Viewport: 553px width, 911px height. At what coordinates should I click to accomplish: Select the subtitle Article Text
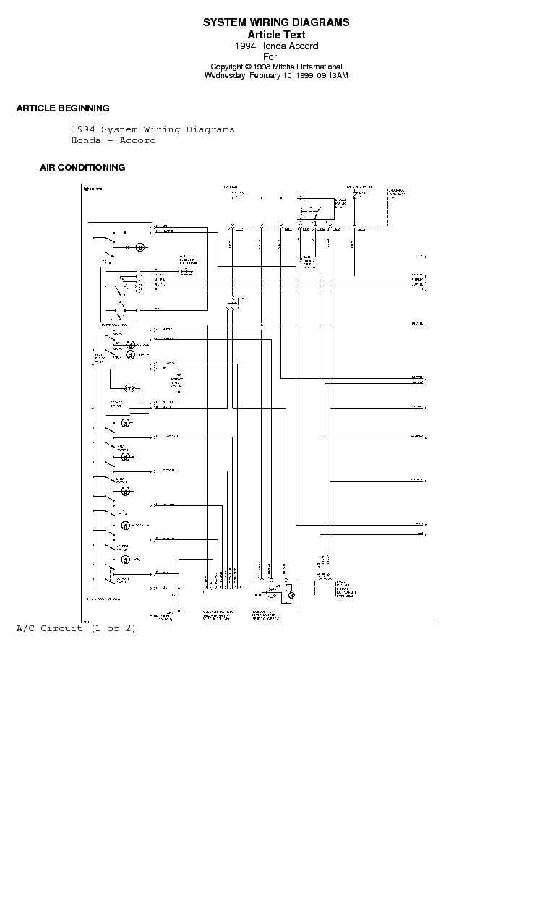[x=276, y=35]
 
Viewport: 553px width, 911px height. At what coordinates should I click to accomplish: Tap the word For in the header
[x=270, y=56]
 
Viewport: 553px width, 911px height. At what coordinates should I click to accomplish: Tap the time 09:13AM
[x=333, y=75]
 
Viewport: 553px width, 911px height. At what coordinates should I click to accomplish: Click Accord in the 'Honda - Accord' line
[x=137, y=140]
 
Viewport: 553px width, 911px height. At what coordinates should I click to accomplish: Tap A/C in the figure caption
[x=26, y=628]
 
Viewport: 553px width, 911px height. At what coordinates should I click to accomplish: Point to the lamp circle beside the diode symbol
[x=141, y=247]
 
